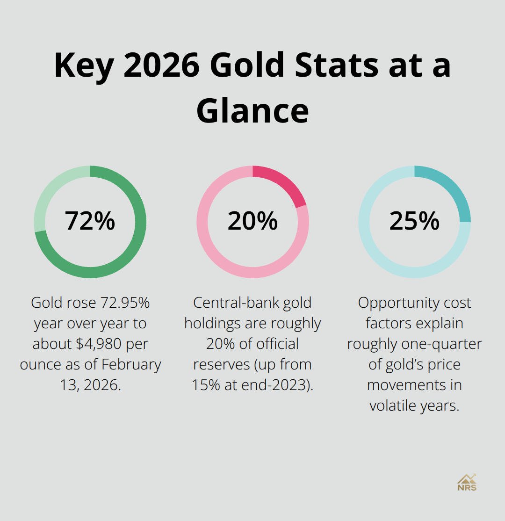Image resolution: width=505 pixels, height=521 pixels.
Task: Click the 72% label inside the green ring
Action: [x=90, y=221]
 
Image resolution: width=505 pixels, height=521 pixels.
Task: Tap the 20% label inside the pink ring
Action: [x=252, y=221]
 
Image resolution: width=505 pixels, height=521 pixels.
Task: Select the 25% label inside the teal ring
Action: [x=414, y=221]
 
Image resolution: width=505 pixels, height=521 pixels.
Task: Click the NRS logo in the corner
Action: [x=467, y=482]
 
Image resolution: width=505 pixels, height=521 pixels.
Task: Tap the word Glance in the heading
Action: [x=252, y=111]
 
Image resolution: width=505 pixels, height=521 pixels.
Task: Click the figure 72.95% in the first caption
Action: [x=125, y=303]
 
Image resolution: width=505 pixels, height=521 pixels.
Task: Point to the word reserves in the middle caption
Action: [x=221, y=364]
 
